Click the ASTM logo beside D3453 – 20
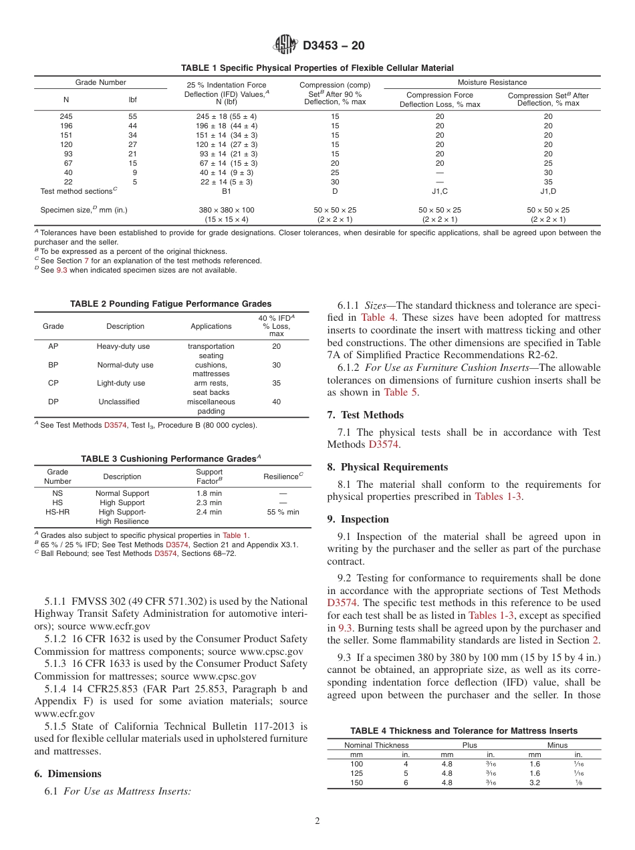[x=286, y=45]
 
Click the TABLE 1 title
[x=317, y=68]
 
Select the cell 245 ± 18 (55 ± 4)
[x=226, y=116]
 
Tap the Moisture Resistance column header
[x=492, y=82]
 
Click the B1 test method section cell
[x=226, y=191]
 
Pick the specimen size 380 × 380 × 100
[x=226, y=210]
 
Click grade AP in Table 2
[x=53, y=346]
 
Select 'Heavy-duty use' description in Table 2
[x=124, y=346]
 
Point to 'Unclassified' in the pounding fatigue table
[x=119, y=402]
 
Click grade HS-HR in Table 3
[x=57, y=512]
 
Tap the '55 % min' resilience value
[x=283, y=512]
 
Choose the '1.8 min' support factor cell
[x=209, y=493]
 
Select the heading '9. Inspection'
[x=358, y=519]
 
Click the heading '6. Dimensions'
[x=68, y=774]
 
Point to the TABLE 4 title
[x=464, y=730]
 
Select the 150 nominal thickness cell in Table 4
[x=356, y=783]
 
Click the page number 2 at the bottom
[x=317, y=821]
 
